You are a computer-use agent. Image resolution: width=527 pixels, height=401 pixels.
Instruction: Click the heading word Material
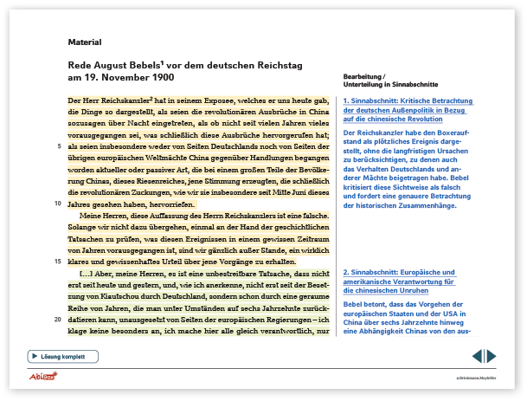coord(85,42)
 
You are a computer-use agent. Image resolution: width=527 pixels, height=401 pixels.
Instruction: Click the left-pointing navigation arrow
coord(477,356)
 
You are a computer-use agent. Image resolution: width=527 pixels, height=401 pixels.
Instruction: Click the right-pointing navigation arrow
coord(491,356)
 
